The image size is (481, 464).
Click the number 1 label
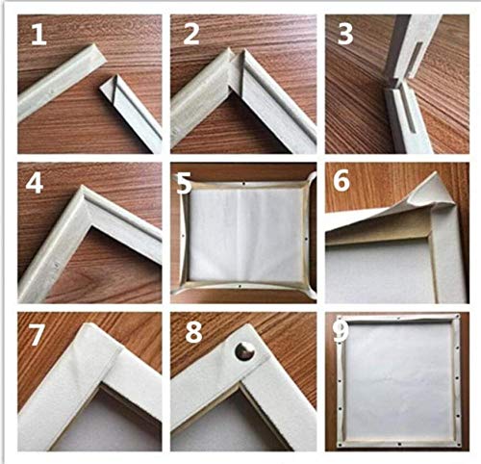(x=38, y=35)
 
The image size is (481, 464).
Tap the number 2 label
(x=191, y=35)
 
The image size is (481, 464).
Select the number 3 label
(x=345, y=34)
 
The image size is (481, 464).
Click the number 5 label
(x=184, y=184)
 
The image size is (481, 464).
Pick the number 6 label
(x=342, y=181)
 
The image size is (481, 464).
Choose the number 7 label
(x=36, y=335)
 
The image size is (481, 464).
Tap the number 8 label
(x=193, y=332)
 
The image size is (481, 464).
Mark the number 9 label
(x=342, y=331)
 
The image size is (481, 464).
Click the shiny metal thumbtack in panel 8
(x=244, y=351)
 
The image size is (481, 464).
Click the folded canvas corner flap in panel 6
(x=433, y=193)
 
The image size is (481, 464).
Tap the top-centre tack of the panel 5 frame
(x=244, y=184)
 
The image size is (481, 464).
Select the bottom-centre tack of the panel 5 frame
(x=240, y=286)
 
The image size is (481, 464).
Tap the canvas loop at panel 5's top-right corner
(x=311, y=181)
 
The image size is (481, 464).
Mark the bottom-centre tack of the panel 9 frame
(x=399, y=444)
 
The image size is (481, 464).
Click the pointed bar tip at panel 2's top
(x=230, y=50)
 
